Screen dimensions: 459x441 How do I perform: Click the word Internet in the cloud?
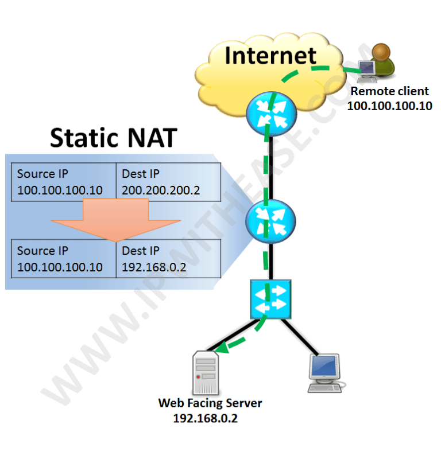[x=270, y=56]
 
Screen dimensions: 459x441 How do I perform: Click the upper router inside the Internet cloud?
[x=270, y=114]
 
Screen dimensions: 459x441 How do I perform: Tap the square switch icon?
[x=270, y=299]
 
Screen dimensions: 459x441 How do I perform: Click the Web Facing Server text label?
[x=210, y=403]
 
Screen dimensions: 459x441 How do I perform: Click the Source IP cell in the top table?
[x=63, y=182]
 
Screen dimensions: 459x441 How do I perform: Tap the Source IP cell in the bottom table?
[x=63, y=259]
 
